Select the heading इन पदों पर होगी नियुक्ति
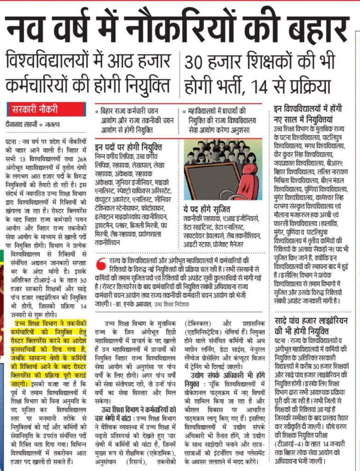[x=128, y=147]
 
